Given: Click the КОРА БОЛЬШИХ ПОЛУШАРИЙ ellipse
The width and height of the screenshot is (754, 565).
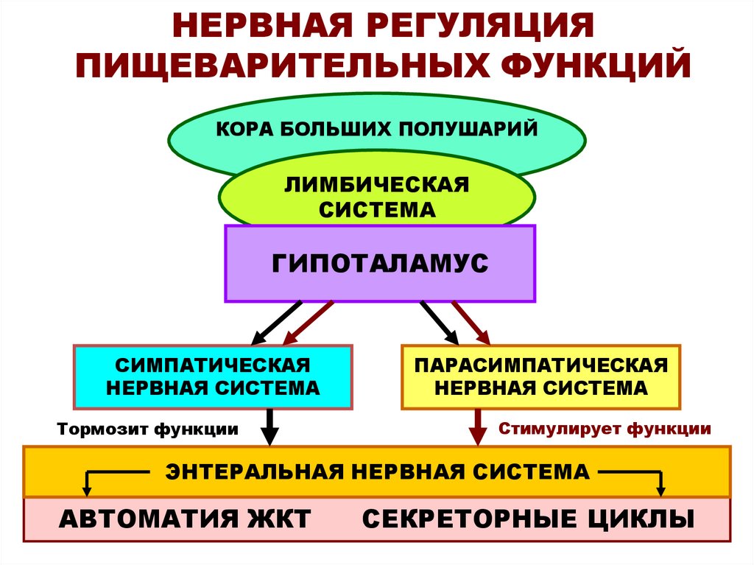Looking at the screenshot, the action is (x=376, y=130).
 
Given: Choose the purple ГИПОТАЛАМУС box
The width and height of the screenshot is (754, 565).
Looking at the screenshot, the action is (x=380, y=263).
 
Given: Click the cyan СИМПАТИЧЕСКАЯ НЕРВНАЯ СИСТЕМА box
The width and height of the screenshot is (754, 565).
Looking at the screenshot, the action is (x=213, y=376).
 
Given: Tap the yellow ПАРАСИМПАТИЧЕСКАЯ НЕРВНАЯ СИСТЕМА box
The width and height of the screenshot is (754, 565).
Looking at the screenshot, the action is (x=540, y=376).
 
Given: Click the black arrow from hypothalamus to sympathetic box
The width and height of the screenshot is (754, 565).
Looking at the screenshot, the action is (x=276, y=323).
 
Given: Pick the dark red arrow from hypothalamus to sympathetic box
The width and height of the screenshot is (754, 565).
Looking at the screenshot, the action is (x=309, y=323).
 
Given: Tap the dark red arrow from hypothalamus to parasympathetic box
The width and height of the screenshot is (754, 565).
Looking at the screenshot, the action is (x=471, y=323).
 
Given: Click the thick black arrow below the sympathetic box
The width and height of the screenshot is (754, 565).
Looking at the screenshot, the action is (x=269, y=427).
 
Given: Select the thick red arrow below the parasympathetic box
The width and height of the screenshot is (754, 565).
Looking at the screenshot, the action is (x=477, y=427).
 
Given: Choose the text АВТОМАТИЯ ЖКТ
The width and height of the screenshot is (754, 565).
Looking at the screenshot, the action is (x=185, y=519).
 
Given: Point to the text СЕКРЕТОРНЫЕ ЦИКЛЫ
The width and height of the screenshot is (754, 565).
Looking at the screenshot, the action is (x=528, y=519).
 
